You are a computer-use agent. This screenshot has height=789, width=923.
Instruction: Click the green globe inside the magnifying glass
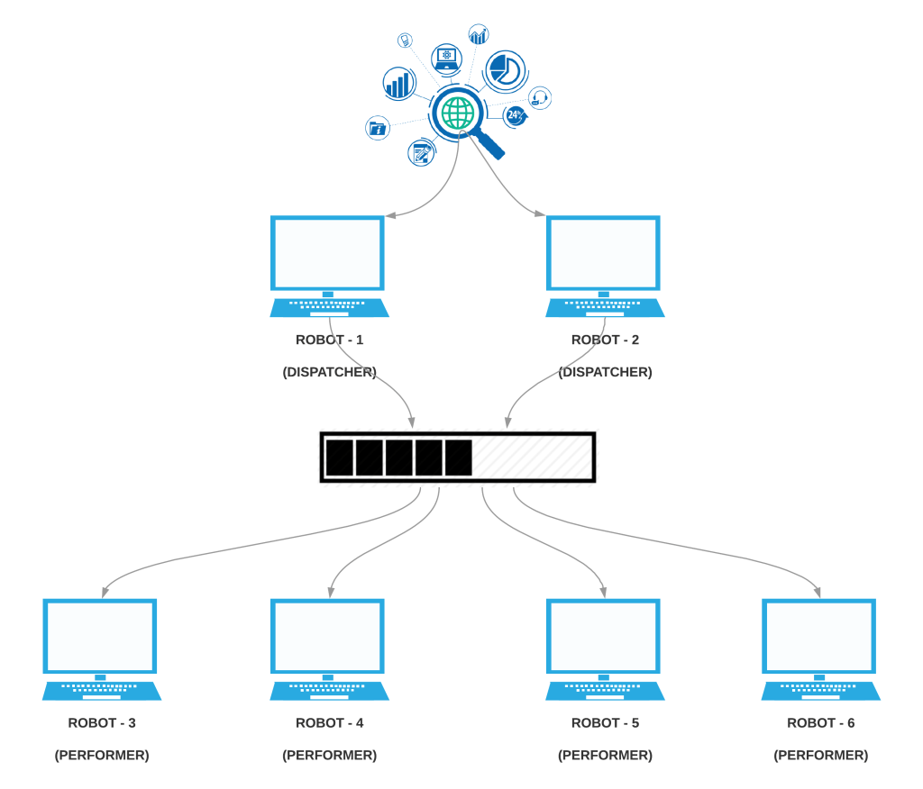pos(458,113)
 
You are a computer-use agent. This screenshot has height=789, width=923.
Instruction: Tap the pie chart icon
pos(506,69)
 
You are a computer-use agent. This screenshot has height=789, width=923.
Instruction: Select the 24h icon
pos(515,114)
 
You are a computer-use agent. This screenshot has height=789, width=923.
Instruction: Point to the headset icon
pos(540,97)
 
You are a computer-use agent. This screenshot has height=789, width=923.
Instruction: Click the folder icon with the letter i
pos(378,129)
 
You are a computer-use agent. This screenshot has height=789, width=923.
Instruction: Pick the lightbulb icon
pos(406,40)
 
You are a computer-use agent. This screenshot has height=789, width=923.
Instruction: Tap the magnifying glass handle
pos(489,144)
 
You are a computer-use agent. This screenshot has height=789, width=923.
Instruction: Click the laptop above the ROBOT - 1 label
pos(329,266)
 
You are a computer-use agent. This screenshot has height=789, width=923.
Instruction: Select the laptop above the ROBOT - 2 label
pos(605,266)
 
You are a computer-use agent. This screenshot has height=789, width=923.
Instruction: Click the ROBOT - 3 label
pos(102,722)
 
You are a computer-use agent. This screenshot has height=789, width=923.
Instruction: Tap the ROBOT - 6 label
pos(820,722)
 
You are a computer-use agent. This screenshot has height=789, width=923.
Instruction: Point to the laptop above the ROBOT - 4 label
pos(329,649)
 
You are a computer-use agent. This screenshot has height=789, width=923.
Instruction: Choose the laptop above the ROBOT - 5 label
pos(605,649)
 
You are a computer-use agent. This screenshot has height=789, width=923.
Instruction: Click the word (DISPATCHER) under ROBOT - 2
pos(605,372)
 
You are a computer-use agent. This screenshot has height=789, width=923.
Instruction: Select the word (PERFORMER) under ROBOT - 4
pos(329,755)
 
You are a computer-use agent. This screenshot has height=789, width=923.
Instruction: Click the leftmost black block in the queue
pos(340,458)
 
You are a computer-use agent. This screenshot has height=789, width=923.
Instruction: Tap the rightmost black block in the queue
pos(459,458)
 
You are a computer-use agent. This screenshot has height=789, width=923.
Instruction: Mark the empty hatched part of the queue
pos(532,458)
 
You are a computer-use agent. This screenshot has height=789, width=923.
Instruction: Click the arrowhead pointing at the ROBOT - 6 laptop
pos(819,592)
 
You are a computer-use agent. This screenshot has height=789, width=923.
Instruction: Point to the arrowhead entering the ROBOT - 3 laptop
pos(105,592)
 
